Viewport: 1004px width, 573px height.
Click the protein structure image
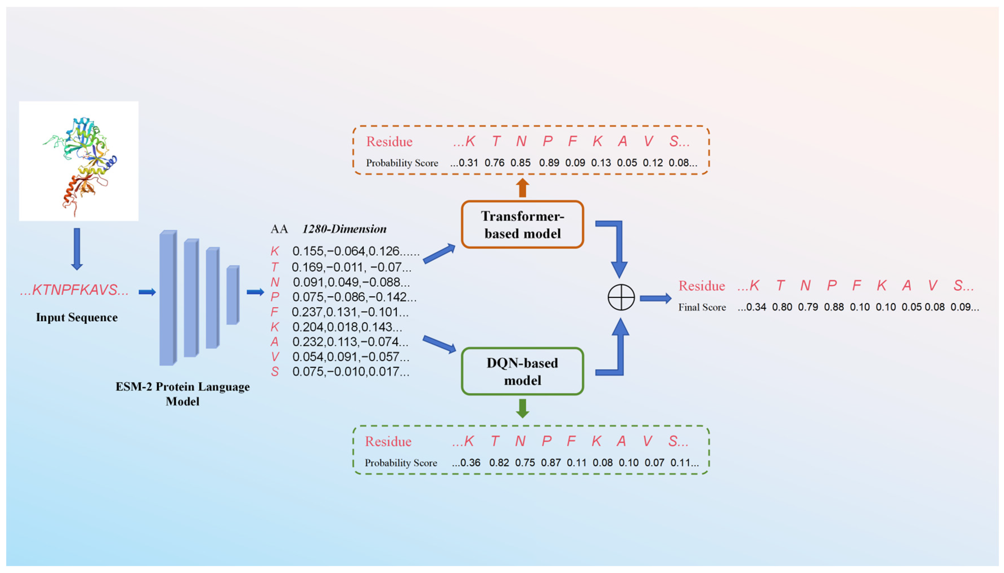(79, 161)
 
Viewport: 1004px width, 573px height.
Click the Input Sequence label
(77, 317)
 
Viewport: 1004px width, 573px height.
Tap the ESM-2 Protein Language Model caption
(182, 394)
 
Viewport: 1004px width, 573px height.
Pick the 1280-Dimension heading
(345, 229)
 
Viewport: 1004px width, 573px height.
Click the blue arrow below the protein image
(77, 249)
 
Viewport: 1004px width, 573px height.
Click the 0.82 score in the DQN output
(499, 463)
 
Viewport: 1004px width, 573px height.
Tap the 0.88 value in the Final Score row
(834, 307)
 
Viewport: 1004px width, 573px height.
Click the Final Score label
(702, 307)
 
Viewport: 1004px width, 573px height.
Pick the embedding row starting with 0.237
(350, 312)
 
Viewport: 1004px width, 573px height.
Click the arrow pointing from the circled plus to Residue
(656, 298)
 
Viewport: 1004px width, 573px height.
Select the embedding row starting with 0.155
(356, 251)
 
